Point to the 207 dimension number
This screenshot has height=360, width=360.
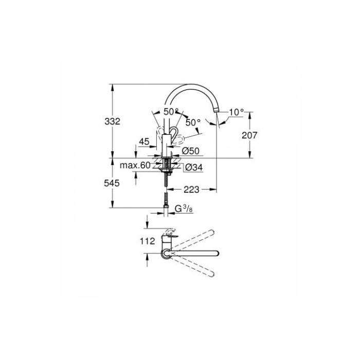click(x=249, y=135)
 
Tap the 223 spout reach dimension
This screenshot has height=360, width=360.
click(x=191, y=190)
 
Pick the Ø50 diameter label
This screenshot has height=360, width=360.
click(x=190, y=151)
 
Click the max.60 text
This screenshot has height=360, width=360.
click(x=135, y=166)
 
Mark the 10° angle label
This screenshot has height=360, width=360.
click(x=237, y=112)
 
